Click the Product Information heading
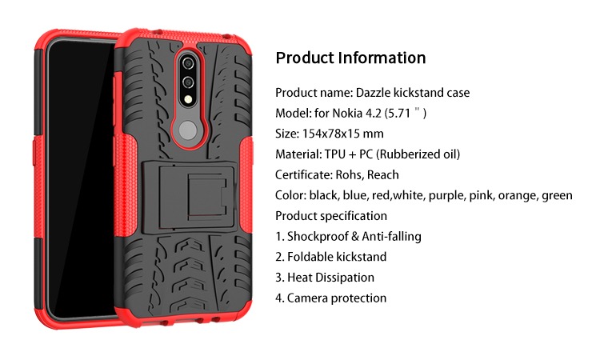point(350,58)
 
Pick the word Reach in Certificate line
point(383,175)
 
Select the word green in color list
point(558,195)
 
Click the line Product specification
point(331,216)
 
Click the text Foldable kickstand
point(337,257)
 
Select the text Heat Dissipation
point(330,278)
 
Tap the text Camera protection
point(337,298)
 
